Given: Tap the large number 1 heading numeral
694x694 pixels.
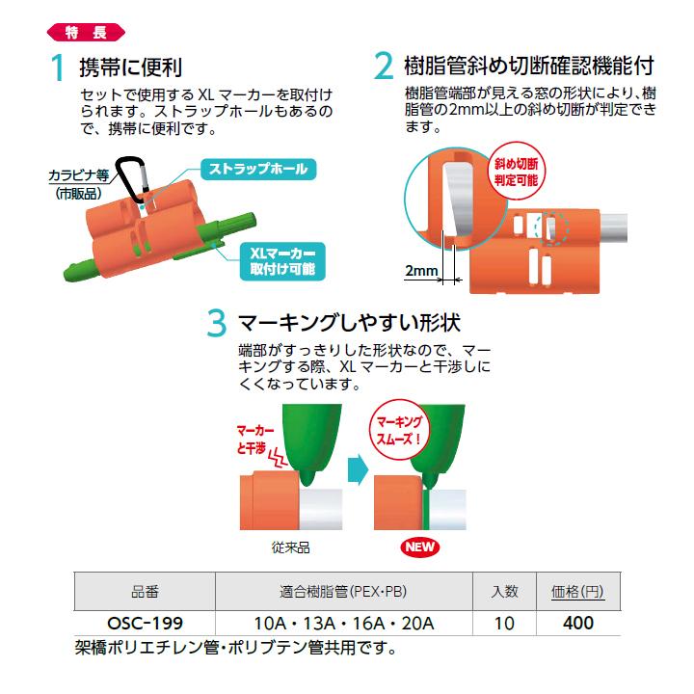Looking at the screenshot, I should (x=59, y=69).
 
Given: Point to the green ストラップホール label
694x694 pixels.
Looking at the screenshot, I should (x=258, y=170).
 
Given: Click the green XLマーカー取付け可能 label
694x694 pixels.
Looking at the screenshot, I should (x=281, y=260).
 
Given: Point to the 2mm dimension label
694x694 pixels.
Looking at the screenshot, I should (x=421, y=272).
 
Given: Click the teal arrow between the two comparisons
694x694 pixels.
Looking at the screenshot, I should (x=357, y=471).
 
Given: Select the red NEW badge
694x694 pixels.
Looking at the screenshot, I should (x=419, y=547).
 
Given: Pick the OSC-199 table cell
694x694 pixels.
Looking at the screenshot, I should (x=144, y=623).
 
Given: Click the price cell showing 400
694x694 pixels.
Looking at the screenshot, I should (x=577, y=623).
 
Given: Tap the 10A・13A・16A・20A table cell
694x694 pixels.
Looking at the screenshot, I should (x=343, y=623).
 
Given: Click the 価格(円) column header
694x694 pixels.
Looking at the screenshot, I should (x=577, y=592).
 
